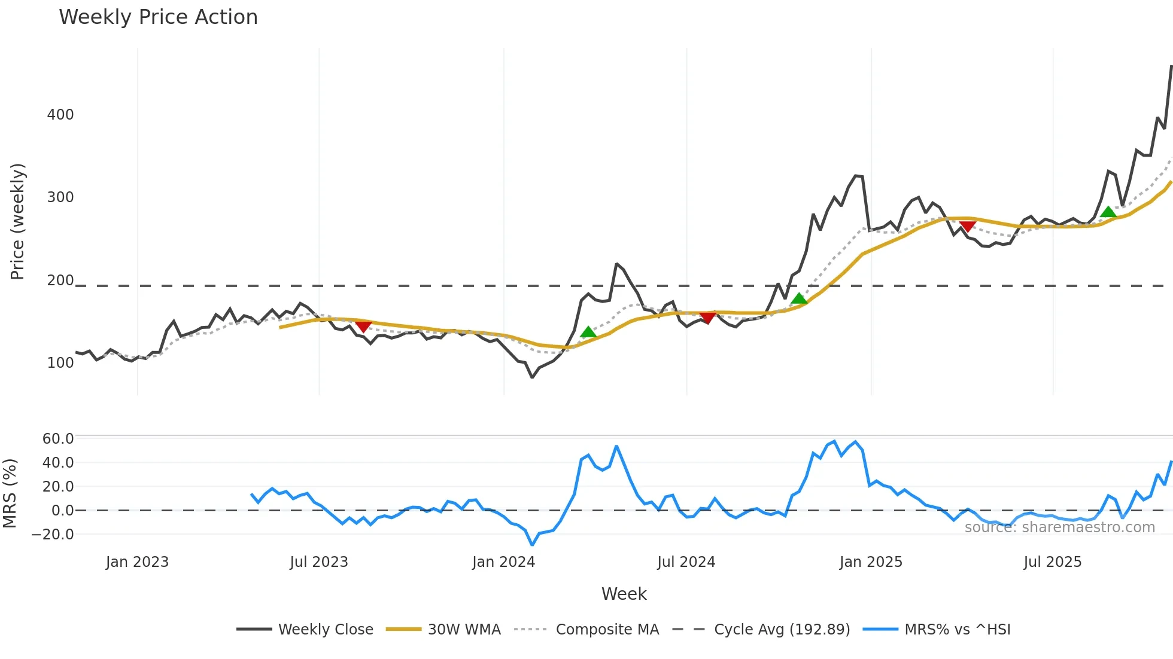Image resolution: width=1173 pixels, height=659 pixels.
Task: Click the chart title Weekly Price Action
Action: click(158, 17)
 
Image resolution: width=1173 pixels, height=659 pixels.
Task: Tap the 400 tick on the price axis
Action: click(60, 115)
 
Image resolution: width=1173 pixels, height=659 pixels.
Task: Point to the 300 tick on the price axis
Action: click(60, 197)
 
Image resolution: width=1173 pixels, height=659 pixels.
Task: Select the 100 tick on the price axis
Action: click(60, 363)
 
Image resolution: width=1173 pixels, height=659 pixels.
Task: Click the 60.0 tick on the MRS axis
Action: click(58, 439)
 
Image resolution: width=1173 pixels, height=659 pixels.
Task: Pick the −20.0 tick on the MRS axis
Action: click(53, 535)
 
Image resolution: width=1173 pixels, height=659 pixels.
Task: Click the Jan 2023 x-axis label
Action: click(137, 562)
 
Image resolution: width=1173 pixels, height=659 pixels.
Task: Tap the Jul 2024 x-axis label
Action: click(686, 562)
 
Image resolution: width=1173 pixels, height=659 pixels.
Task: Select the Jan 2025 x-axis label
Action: click(871, 562)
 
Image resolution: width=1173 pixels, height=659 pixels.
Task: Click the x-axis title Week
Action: click(624, 594)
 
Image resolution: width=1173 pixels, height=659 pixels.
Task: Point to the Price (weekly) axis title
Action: click(18, 221)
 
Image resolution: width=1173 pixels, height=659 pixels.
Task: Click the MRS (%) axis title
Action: click(10, 493)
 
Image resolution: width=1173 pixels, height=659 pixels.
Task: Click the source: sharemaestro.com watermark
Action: click(1059, 527)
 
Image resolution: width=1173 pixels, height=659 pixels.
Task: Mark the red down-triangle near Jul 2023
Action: click(363, 327)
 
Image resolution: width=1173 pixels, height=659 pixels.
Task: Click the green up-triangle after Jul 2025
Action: click(1108, 212)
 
